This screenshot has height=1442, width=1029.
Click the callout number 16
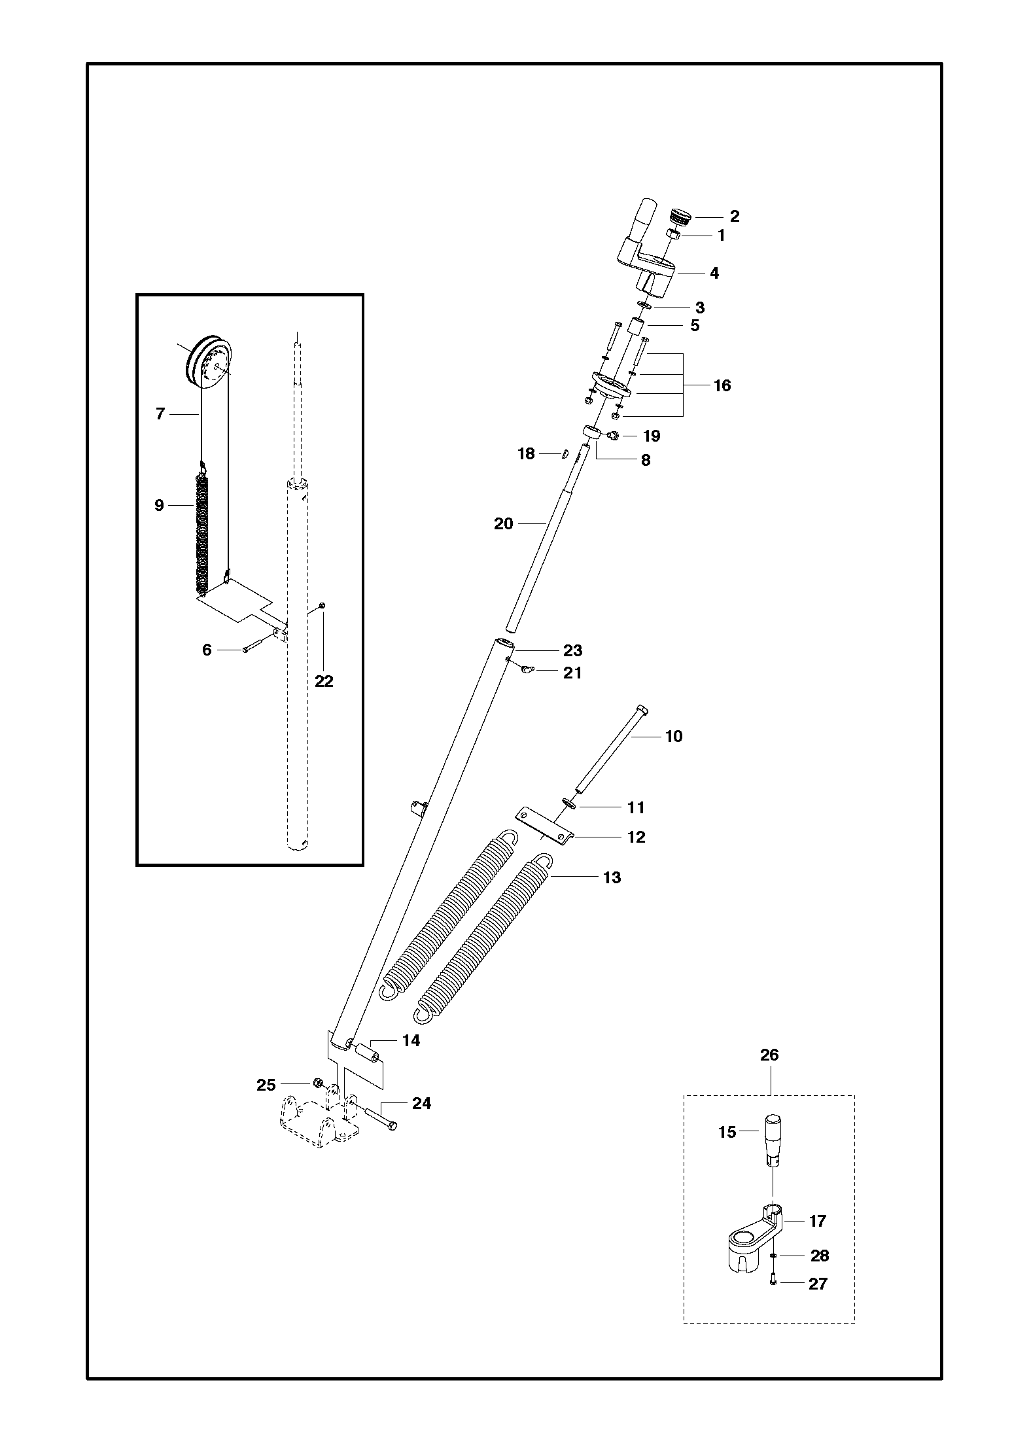pyautogui.click(x=722, y=385)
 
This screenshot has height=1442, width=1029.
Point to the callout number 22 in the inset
pyautogui.click(x=324, y=681)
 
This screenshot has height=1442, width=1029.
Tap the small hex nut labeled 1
pyautogui.click(x=673, y=234)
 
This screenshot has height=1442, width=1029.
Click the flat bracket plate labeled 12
pyautogui.click(x=544, y=827)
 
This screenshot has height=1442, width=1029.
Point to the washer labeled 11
pyautogui.click(x=568, y=803)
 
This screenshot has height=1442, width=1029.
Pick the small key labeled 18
pyautogui.click(x=562, y=453)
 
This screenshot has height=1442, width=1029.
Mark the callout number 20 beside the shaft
pyautogui.click(x=503, y=523)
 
